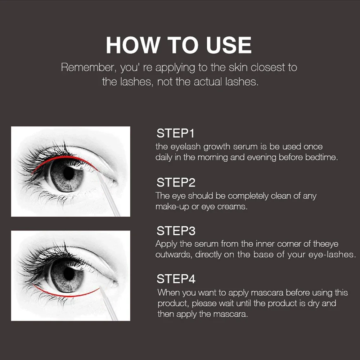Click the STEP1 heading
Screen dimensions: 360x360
pyautogui.click(x=175, y=134)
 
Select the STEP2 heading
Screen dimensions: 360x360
pyautogui.click(x=176, y=183)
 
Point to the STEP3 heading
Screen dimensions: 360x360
pyautogui.click(x=176, y=230)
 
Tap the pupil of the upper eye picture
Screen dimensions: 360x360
pyautogui.click(x=68, y=174)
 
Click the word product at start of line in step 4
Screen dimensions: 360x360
pyautogui.click(x=171, y=303)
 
